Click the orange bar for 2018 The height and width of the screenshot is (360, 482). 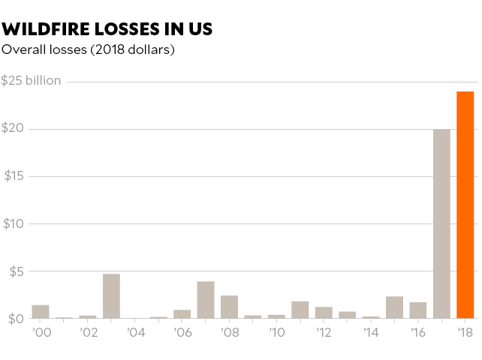point(465,205)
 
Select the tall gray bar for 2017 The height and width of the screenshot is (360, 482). point(441,223)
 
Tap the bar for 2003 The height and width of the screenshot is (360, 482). point(111,295)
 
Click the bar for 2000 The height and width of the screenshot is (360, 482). point(41,311)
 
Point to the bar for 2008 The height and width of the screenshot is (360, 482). point(229,306)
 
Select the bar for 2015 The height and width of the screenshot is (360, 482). point(394,307)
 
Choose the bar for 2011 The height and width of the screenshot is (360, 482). point(300,309)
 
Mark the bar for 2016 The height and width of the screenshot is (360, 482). point(418,310)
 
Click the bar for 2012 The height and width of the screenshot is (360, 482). point(324,312)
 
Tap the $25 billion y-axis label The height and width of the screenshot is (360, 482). point(32,80)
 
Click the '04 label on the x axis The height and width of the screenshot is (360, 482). point(135,331)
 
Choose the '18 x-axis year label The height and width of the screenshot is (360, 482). point(465,331)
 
